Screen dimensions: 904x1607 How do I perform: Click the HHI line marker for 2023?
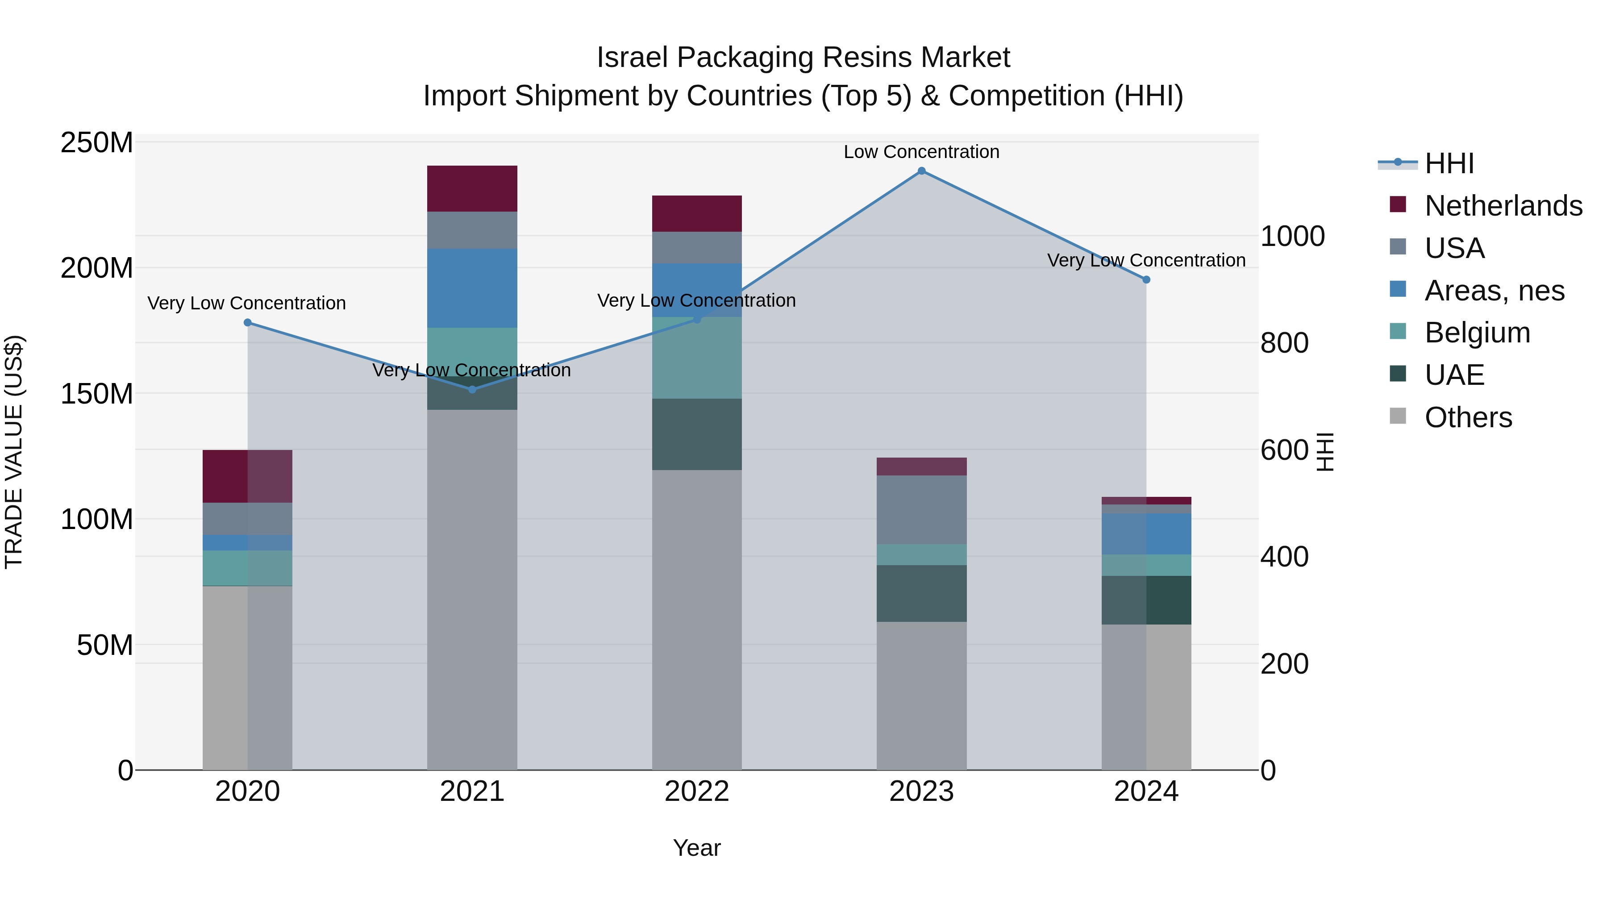[921, 171]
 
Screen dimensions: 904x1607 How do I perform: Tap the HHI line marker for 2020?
[248, 323]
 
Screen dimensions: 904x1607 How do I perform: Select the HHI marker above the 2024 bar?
[1146, 279]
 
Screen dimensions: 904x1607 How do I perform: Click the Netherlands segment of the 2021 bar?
[472, 188]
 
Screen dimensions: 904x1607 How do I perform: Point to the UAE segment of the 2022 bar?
[697, 434]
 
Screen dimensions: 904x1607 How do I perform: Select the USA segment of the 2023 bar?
[921, 510]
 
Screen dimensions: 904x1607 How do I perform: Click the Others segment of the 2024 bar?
[1146, 697]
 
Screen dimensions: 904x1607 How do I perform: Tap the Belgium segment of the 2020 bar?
[248, 568]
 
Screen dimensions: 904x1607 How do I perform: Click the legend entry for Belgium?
[1477, 333]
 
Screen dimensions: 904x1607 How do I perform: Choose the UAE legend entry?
[1454, 375]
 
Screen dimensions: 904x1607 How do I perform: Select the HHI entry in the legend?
[1449, 163]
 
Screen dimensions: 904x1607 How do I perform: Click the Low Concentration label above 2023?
[921, 152]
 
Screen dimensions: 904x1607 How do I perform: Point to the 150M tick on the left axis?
[97, 394]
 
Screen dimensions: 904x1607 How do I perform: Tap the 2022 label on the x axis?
[697, 792]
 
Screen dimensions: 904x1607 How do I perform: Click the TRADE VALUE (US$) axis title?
[14, 452]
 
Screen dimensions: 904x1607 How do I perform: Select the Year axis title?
[697, 848]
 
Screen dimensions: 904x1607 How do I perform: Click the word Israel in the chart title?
[633, 58]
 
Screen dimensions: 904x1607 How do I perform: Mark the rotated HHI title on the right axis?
[1325, 452]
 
